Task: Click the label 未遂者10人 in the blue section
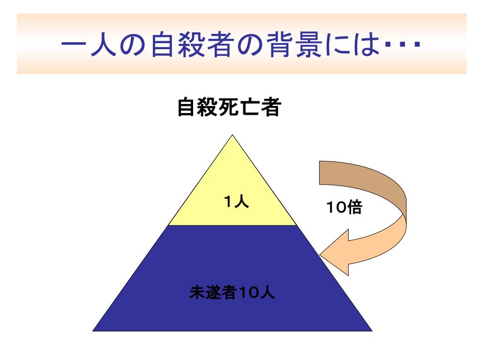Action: click(x=232, y=293)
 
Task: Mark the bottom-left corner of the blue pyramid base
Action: click(x=94, y=330)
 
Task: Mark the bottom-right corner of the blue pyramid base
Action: click(x=371, y=330)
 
